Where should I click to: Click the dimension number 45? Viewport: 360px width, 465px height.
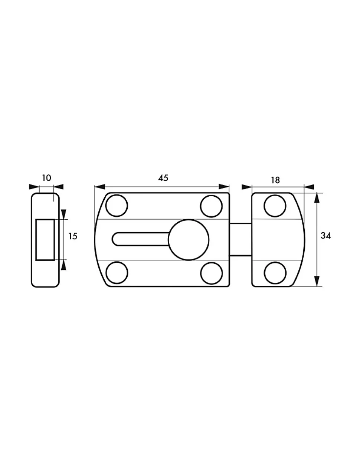[163, 178]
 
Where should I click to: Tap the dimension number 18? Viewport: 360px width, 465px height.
[275, 180]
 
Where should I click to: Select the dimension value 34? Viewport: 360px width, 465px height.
[326, 236]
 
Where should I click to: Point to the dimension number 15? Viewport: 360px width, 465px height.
[73, 236]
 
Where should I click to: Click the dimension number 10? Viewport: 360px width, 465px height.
[47, 178]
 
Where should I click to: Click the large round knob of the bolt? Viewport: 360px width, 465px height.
[189, 240]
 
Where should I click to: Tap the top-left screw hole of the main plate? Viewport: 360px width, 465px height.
[117, 206]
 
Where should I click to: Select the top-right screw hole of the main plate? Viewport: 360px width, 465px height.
[211, 206]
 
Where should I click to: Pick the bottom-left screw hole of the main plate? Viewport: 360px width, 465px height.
[117, 273]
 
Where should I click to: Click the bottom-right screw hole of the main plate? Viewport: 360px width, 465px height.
[212, 273]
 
